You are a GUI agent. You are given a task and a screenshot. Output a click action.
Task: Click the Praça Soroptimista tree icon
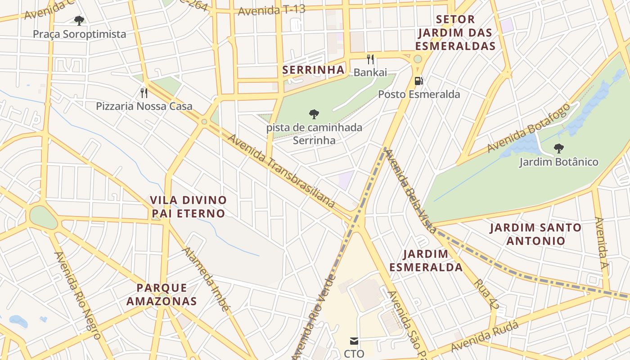(x=79, y=20)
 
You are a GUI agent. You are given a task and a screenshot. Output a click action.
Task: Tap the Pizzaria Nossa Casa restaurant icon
(x=144, y=93)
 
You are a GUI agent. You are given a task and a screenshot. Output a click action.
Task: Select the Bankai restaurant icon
(x=370, y=59)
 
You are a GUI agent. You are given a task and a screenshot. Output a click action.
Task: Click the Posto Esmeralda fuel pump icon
(x=418, y=81)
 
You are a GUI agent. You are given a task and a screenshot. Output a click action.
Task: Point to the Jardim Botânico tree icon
(x=559, y=148)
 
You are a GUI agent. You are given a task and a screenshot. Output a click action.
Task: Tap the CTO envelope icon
(x=354, y=341)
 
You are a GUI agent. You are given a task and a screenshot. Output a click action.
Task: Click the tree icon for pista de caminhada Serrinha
(x=314, y=114)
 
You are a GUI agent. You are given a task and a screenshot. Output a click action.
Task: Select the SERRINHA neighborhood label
(x=313, y=70)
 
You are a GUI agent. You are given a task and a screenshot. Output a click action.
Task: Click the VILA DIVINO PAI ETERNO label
(x=188, y=207)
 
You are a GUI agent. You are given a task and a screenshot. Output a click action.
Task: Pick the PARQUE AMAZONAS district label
(x=162, y=294)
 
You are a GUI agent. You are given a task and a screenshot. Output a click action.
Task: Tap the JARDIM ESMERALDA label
(x=426, y=261)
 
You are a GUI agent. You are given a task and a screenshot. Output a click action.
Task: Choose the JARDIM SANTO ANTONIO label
(x=535, y=234)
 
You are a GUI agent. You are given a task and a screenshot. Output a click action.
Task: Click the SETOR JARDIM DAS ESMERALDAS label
(x=455, y=32)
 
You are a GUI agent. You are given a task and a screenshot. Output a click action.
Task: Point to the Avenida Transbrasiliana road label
(x=282, y=171)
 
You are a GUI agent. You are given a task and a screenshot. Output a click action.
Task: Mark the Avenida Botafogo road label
(x=528, y=128)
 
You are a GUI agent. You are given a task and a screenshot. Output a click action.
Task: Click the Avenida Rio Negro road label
(x=77, y=295)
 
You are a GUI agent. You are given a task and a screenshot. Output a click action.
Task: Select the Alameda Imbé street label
(x=206, y=279)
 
